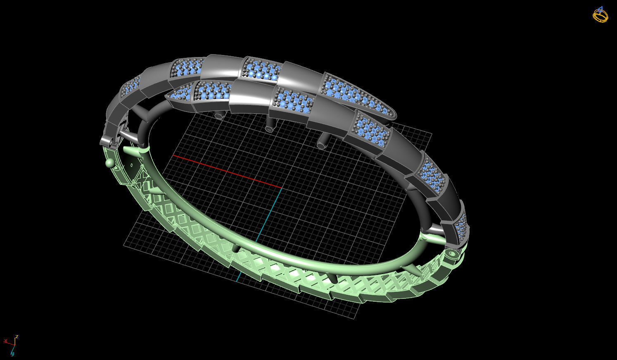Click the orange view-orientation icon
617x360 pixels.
[600, 15]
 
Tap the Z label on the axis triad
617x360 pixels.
[17, 336]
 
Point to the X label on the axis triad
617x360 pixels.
[6, 341]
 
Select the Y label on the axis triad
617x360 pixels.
[12, 353]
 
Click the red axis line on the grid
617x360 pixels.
[227, 172]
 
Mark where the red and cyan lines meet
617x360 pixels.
[282, 188]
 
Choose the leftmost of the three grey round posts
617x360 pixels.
[219, 116]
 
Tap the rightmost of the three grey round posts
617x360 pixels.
[321, 145]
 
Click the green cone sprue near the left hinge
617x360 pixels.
[131, 152]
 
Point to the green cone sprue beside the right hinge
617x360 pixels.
[434, 238]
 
